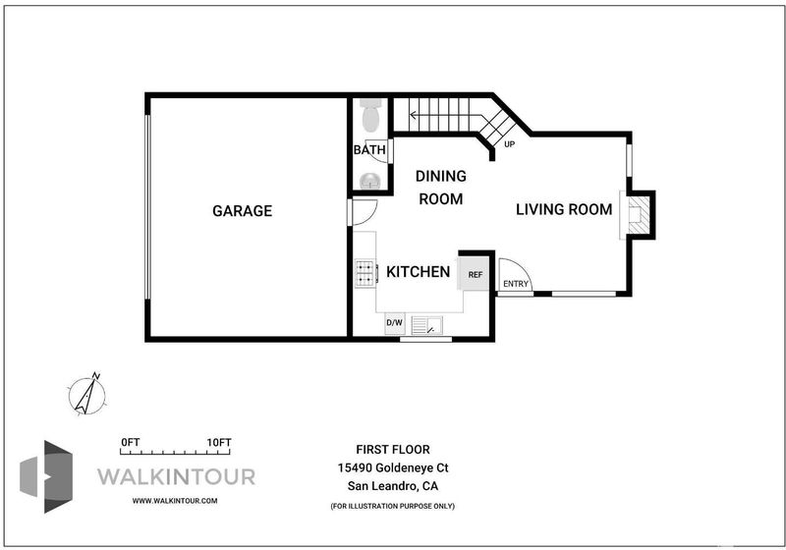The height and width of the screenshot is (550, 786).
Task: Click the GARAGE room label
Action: [x=242, y=211]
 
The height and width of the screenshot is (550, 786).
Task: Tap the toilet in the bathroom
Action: [x=370, y=115]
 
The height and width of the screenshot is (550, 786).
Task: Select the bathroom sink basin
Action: [x=370, y=181]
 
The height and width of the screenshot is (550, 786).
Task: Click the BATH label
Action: [x=369, y=149]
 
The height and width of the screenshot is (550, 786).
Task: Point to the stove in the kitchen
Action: [x=365, y=273]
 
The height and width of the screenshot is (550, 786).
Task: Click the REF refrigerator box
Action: [x=475, y=274]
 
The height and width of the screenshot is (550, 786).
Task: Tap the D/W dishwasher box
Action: [x=395, y=323]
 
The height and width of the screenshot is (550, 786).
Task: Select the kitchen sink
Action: [x=426, y=325]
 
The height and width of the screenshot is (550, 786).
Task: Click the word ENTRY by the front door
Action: [x=516, y=284]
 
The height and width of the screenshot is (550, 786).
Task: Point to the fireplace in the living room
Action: [x=638, y=215]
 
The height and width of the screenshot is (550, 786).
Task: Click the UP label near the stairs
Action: [x=509, y=144]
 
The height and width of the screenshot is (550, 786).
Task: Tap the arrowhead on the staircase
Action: [x=413, y=116]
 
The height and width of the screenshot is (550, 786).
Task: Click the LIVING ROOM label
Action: [x=564, y=209]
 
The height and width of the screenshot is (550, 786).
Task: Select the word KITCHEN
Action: [x=419, y=272]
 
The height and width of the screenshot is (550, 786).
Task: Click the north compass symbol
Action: [x=87, y=395]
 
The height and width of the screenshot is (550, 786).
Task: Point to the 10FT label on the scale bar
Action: [x=219, y=443]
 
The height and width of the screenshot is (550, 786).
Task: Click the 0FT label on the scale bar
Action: [x=131, y=443]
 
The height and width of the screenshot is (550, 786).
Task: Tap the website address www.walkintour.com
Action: [x=175, y=501]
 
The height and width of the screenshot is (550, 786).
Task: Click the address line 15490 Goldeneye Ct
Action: [x=393, y=467]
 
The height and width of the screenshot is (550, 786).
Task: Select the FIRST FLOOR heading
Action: [x=393, y=449]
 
